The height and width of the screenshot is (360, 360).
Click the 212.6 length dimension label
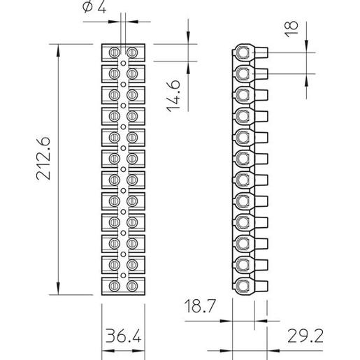point(43,158)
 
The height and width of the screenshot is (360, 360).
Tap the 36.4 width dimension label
point(124,336)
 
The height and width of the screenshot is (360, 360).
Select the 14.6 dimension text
point(173,96)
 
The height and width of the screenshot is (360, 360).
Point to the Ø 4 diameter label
point(94,7)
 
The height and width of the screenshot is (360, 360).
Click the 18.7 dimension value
point(199,306)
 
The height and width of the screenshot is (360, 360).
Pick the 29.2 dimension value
point(305,336)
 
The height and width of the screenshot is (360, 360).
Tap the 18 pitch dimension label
point(291,29)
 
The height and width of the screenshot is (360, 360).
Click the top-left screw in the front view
point(115,52)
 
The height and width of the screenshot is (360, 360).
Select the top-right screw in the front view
point(132,52)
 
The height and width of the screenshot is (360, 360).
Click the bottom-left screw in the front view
point(115,286)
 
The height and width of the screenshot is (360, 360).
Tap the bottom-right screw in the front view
point(132,286)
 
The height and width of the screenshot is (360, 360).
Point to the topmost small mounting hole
point(123,63)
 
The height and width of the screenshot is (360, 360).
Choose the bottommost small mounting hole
point(123,275)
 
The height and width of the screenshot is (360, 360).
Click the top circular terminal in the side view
point(243,52)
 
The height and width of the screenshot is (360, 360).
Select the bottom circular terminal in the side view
point(243,286)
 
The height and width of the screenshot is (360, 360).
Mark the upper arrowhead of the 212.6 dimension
point(58,50)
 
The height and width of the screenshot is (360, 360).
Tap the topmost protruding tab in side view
point(261,52)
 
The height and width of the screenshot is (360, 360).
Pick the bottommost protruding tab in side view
point(261,286)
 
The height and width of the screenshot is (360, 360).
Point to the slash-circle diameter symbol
point(87,7)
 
